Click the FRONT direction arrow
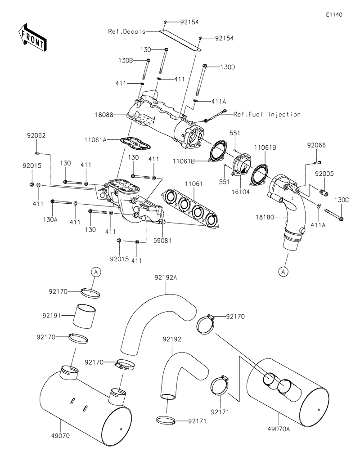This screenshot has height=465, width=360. coord(32,37)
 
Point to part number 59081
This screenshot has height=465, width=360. coord(162,241)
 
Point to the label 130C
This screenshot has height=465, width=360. coord(341,199)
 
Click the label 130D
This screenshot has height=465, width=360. coord(228,67)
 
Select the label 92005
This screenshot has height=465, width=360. coord(324,173)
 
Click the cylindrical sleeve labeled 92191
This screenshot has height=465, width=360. coord(86,317)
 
